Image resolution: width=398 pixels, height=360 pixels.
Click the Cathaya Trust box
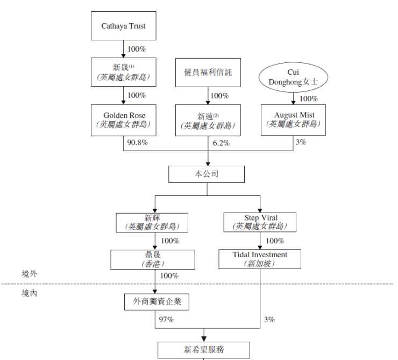coord(124,26)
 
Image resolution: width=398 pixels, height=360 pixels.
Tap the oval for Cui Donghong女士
coord(293,77)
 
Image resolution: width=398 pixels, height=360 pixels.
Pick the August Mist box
coord(294,119)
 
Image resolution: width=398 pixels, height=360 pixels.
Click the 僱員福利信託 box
coord(208,72)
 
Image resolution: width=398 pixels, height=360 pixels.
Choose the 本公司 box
coord(207,174)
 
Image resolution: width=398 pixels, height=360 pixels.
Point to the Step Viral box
coord(261,222)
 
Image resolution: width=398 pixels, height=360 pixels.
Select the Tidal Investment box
coord(260,259)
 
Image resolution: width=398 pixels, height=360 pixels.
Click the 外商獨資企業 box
coord(157,301)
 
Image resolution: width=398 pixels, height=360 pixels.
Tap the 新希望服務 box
coord(204,350)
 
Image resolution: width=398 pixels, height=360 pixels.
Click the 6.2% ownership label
coord(221,143)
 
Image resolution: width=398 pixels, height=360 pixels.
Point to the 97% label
coord(166,320)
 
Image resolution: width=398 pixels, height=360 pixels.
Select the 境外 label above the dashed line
coord(30,274)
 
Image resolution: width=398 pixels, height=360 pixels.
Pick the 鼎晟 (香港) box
coord(152,259)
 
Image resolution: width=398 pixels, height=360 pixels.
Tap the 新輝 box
coord(152,222)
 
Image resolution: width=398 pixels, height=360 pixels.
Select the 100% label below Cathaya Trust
coord(137,49)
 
